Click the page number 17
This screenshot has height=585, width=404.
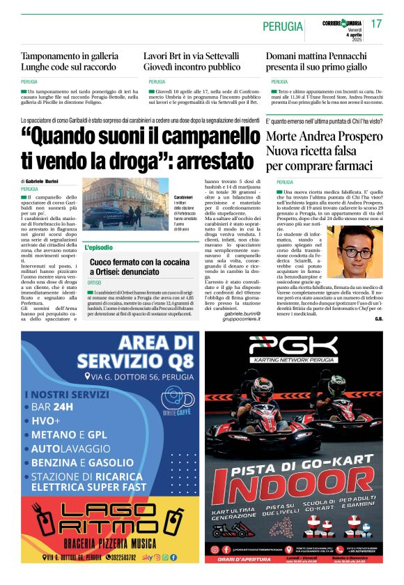pyautogui.click(x=377, y=24)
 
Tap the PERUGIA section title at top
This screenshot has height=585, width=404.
pyautogui.click(x=283, y=26)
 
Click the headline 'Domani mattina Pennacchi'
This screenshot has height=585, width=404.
pyautogui.click(x=320, y=56)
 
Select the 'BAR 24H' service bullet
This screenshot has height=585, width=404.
pyautogui.click(x=53, y=407)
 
